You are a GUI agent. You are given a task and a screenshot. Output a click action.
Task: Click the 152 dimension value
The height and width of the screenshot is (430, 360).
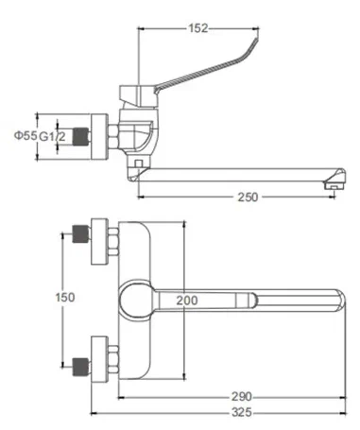[198, 28]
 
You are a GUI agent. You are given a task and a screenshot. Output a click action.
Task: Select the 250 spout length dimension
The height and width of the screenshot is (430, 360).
[248, 198]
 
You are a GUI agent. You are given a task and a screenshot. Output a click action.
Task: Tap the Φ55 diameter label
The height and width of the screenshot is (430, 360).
[26, 135]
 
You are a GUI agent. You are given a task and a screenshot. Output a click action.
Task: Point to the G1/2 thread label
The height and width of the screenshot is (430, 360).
[52, 136]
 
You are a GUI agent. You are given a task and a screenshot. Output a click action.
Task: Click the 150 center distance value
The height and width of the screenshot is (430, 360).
[65, 297]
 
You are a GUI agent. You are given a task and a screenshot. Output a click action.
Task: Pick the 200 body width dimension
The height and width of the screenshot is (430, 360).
[187, 301]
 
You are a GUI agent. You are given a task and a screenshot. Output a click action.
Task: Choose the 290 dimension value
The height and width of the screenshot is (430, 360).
[242, 396]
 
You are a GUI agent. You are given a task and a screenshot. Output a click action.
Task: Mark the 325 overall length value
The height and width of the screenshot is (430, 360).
[242, 412]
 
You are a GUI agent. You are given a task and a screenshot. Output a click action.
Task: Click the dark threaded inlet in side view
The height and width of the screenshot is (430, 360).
[81, 137]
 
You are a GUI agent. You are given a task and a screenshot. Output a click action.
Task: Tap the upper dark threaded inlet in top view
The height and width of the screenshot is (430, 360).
[81, 233]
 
